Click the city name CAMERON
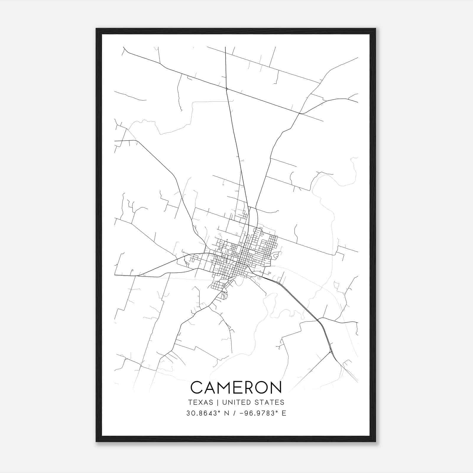point(236,387)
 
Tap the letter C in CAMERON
point(197,387)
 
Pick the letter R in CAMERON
point(247,387)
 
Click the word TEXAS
point(200,402)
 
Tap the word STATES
point(270,402)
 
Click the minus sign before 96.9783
point(242,413)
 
